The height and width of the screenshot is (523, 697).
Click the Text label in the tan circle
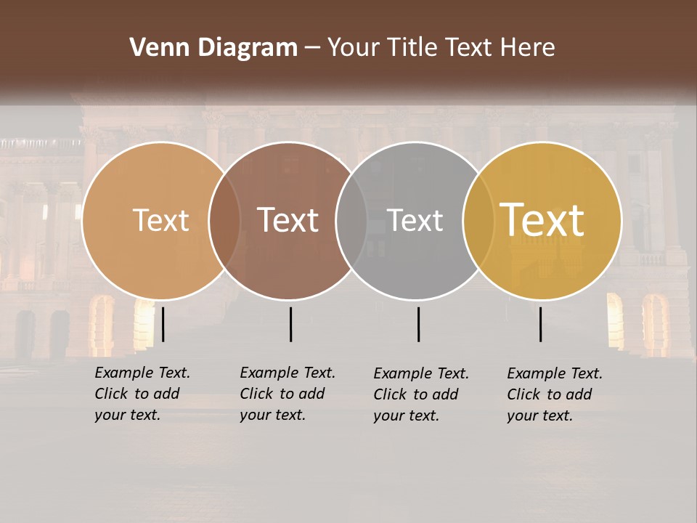pos(161,220)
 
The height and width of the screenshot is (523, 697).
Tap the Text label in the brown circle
pos(288,220)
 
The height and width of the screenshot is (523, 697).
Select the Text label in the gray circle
pos(415,220)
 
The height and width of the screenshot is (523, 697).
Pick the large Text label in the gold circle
pos(542,220)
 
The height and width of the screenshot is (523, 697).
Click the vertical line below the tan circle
pos(163,324)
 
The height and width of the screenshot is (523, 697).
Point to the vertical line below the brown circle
pos(290,324)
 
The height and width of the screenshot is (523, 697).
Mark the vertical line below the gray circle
pos(418,324)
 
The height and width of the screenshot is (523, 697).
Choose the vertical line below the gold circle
pos(541,324)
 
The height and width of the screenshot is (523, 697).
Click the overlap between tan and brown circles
pos(225,220)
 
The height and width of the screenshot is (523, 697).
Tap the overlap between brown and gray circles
pos(351,220)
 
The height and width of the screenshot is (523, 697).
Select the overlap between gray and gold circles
pos(476,220)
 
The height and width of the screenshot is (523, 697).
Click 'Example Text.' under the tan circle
pos(142,373)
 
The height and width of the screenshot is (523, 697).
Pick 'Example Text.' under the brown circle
pos(288,373)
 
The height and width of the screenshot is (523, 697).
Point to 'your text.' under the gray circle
pos(407,415)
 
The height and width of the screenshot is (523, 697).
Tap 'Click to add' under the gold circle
pos(550,394)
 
